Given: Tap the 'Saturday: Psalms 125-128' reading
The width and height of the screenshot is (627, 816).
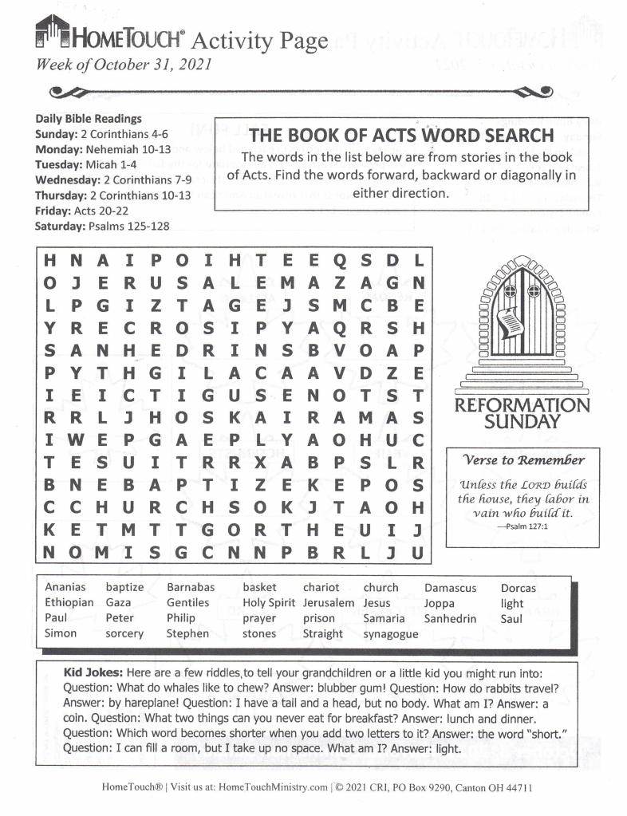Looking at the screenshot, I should pos(101,226).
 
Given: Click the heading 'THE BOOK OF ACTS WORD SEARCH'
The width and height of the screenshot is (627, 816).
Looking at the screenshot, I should pos(401,135).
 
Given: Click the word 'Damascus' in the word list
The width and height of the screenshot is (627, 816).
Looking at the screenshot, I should pos(450,588).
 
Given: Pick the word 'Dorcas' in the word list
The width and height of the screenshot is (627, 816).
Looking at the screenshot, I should pos(518,588).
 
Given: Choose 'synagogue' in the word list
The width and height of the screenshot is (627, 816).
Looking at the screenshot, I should pos(390,634).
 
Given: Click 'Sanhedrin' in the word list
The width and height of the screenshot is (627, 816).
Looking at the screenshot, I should pos(451,618).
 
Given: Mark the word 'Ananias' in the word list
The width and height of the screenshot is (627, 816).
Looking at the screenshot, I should pos(65,588).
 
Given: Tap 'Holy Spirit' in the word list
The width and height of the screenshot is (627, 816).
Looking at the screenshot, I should pos(269,603).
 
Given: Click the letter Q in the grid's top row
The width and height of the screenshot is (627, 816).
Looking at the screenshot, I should pos(340,260).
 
